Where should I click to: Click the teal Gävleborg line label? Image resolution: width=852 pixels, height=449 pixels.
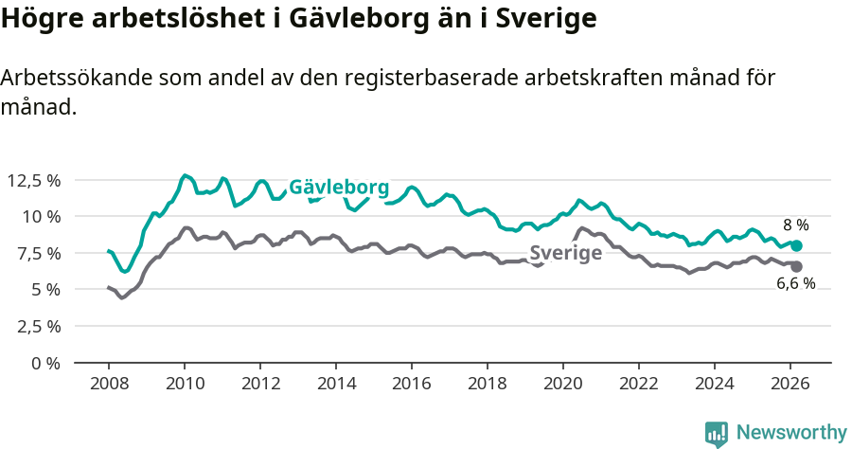click(339, 187)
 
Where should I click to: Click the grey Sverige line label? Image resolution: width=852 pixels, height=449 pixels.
click(565, 253)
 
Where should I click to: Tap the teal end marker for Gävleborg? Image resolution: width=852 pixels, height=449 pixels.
click(796, 245)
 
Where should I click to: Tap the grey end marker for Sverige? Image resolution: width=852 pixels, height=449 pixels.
click(796, 266)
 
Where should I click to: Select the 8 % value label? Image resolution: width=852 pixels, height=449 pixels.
click(795, 225)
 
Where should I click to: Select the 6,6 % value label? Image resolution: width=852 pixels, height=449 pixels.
click(795, 284)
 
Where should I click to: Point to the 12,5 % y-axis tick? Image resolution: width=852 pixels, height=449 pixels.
click(33, 180)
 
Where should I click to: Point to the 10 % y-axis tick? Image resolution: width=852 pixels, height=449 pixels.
click(40, 216)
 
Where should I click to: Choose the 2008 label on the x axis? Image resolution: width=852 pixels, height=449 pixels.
click(108, 384)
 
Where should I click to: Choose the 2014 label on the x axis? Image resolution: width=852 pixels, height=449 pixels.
click(335, 384)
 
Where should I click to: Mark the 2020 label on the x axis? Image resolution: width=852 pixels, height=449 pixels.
click(562, 384)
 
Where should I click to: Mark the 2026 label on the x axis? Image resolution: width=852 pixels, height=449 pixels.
click(790, 384)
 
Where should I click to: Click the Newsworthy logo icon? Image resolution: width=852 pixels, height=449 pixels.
click(717, 434)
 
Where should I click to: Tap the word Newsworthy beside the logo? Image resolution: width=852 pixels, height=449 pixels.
click(790, 433)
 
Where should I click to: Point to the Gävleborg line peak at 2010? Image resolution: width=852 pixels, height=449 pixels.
click(185, 175)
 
